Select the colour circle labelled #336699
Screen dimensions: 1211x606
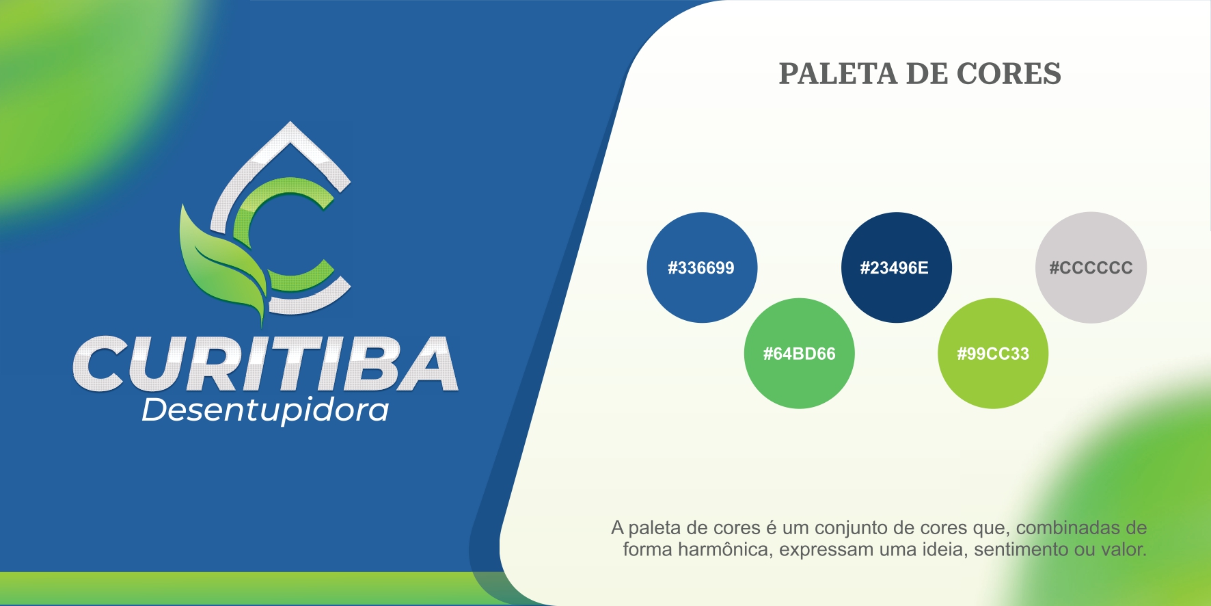click(x=702, y=267)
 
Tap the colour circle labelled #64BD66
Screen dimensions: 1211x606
click(x=800, y=354)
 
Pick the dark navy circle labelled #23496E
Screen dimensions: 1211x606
click(x=896, y=267)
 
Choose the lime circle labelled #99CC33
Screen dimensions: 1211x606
click(x=993, y=354)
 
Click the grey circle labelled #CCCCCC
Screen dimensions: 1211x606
click(x=1091, y=267)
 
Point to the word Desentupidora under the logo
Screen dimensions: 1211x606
click(x=265, y=410)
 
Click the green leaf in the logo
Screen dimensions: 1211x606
click(x=220, y=263)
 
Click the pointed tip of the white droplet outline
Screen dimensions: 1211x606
click(x=290, y=123)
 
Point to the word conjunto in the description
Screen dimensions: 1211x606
click(x=852, y=529)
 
